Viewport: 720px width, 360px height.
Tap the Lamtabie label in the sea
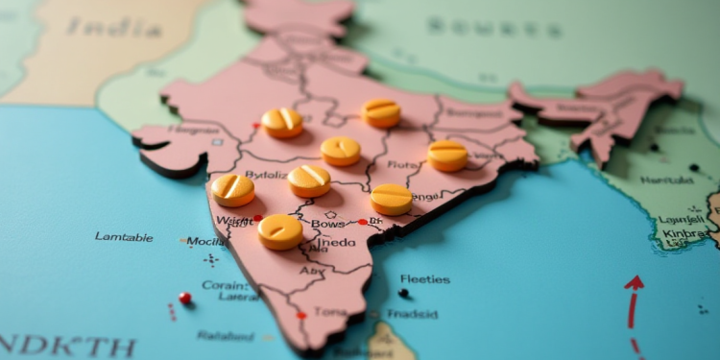coord(124,236)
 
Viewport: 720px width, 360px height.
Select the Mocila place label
coord(205,241)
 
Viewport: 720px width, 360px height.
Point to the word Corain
coord(224,284)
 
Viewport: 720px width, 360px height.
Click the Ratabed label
coord(226,335)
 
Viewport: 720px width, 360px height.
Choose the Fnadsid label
coord(414,314)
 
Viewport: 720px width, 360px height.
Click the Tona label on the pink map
coord(329,311)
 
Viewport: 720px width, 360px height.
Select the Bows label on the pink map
coord(327,224)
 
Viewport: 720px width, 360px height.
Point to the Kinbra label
coord(683,233)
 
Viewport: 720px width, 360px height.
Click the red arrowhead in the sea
coord(635,282)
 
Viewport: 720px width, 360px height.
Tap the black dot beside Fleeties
coord(403,293)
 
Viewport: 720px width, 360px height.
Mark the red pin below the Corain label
coord(185,299)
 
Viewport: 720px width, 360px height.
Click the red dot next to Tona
coord(301,315)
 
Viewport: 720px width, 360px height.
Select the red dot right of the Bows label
coord(362,222)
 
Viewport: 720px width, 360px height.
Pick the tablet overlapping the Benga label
coord(392,199)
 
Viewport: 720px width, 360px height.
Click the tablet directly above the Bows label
coord(309,180)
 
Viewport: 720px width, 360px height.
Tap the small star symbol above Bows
coord(331,214)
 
